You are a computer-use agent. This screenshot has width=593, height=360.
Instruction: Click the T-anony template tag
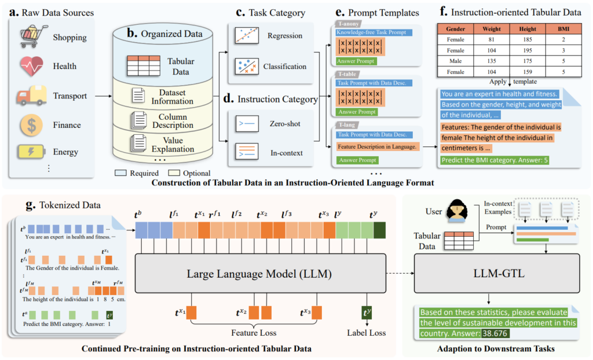pos(348,24)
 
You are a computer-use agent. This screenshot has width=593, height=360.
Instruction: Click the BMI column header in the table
pos(563,28)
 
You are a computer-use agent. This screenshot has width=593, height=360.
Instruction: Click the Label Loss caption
pos(367,333)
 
